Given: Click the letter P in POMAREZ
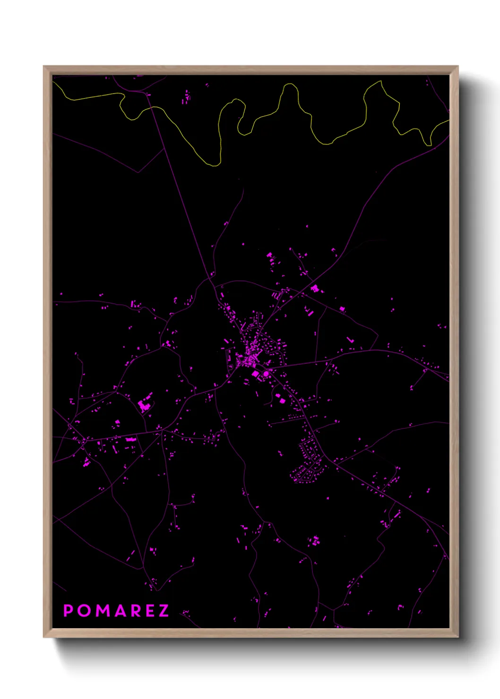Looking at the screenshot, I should coord(68,611).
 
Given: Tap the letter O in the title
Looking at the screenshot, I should coord(85,611).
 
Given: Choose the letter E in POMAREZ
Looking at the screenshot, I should coord(150,611).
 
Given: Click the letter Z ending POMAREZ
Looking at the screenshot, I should coord(164,611).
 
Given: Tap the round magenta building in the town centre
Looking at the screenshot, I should coord(266,374).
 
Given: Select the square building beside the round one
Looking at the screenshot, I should coord(256,374).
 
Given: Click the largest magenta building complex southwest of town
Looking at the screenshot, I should coord(145,405).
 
